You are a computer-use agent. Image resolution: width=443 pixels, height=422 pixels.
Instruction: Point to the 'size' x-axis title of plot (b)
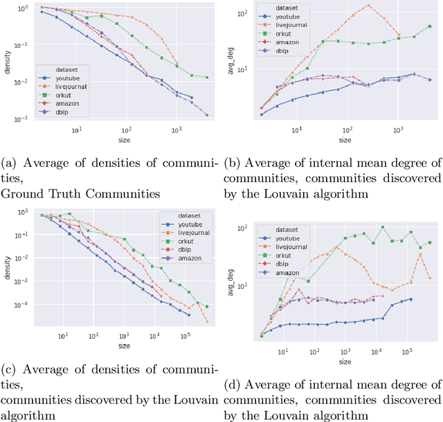point(345,140)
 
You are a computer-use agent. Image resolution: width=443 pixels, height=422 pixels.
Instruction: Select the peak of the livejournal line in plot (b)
point(368,6)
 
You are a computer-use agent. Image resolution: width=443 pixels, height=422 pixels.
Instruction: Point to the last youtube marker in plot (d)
point(410,299)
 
